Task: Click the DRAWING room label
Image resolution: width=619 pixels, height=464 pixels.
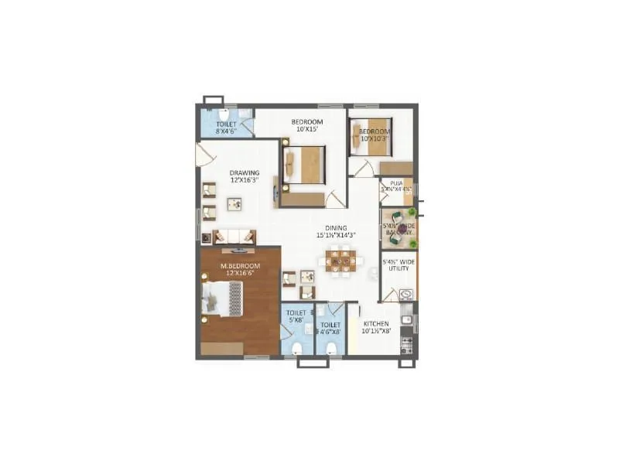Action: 244,172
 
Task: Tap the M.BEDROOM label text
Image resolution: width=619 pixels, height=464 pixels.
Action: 240,267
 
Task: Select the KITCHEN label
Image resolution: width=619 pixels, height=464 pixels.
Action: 376,324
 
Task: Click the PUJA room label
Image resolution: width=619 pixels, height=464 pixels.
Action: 397,183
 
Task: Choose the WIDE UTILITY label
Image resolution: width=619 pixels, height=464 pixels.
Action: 398,268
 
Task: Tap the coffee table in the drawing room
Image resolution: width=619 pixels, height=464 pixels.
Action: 234,204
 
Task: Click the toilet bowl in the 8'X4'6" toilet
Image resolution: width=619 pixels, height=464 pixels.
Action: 223,115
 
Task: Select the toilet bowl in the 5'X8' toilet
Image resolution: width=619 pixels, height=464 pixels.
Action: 296,347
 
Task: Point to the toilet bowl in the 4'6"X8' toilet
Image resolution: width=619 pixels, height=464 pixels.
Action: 331,347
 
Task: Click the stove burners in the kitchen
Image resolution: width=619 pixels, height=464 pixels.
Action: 406,340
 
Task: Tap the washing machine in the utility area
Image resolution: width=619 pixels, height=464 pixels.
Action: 406,294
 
